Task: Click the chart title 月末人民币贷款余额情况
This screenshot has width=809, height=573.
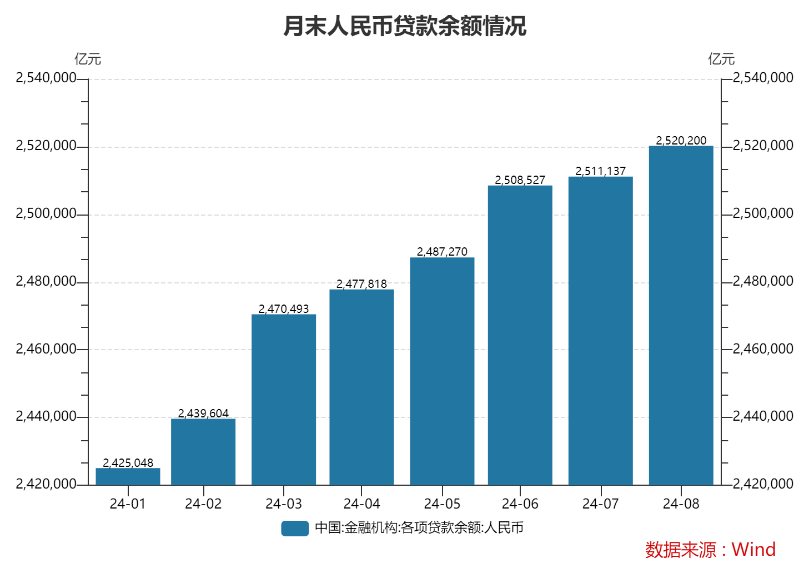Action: click(404, 26)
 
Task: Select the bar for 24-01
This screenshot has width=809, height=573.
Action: click(128, 477)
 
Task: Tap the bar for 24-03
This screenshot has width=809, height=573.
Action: click(283, 400)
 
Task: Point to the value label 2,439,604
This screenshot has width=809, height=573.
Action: click(203, 413)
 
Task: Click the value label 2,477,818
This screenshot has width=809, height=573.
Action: click(361, 284)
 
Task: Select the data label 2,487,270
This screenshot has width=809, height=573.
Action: click(442, 252)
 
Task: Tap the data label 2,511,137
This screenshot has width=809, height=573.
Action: click(600, 171)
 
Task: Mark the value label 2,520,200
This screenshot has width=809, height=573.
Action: click(681, 141)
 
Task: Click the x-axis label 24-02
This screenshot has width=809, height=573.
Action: click(203, 504)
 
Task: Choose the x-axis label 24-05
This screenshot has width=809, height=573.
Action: click(442, 504)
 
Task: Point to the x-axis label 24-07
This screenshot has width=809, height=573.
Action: click(600, 504)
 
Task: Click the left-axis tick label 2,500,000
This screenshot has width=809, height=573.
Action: click(46, 213)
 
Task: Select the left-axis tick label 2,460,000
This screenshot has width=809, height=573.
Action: click(46, 349)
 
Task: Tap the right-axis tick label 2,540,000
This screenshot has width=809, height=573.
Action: click(763, 78)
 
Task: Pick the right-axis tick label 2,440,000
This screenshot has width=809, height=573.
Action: click(763, 416)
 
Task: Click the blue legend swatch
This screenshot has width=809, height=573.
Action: click(295, 528)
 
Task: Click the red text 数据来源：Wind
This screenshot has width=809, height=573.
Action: click(710, 550)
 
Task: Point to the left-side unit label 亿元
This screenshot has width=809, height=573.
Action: click(88, 59)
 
